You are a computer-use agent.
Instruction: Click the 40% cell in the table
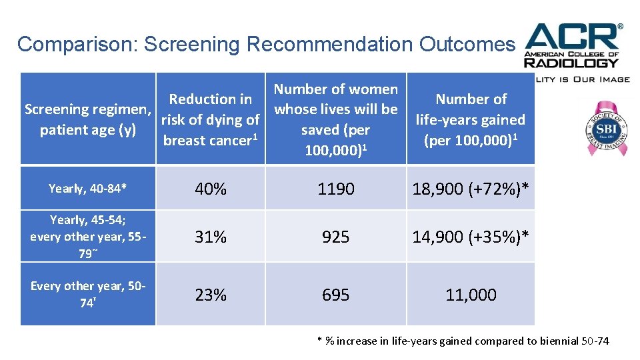(x=211, y=189)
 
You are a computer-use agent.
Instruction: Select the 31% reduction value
(x=211, y=236)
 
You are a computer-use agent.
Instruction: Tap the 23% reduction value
(x=211, y=295)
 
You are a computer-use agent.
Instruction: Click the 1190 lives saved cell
(x=336, y=189)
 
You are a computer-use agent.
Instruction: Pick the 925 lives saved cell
(x=336, y=236)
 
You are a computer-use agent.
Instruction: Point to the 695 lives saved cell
(x=336, y=295)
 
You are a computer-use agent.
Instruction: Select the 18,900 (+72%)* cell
(x=471, y=189)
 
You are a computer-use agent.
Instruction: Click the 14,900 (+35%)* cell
(x=471, y=236)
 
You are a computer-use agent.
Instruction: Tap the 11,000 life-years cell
(x=471, y=295)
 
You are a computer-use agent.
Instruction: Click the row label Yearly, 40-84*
(x=87, y=189)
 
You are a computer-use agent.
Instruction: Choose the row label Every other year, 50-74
(x=88, y=293)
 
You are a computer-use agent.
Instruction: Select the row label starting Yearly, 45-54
(x=88, y=237)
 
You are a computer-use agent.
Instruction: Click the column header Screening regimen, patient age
(x=88, y=119)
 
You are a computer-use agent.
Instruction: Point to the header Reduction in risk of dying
(x=211, y=119)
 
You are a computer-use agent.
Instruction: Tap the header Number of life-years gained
(x=471, y=119)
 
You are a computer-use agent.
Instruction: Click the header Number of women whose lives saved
(x=336, y=119)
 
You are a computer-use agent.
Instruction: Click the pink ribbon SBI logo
(x=603, y=127)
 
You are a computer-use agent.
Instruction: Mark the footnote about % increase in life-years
(x=463, y=341)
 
